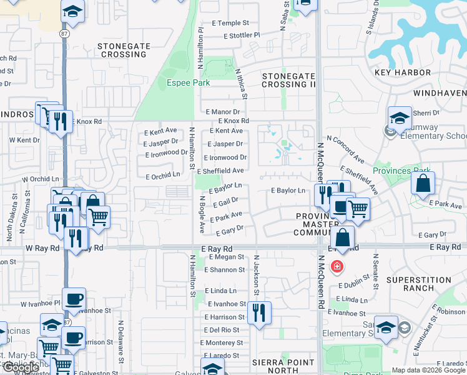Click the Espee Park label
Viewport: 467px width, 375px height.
point(187,82)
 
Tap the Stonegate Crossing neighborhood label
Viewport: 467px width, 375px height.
point(122,50)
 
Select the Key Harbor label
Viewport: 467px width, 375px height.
point(403,72)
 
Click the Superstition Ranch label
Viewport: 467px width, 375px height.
point(418,284)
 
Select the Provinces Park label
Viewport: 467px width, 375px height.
point(400,171)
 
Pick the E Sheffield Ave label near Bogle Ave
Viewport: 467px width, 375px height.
point(220,171)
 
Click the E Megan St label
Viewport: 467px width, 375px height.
point(227,257)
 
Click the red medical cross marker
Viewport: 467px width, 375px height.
point(337,267)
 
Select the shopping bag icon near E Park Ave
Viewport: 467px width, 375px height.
point(423,183)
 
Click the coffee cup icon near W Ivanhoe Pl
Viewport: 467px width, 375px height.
point(74,299)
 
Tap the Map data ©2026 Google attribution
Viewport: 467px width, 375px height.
point(428,370)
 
